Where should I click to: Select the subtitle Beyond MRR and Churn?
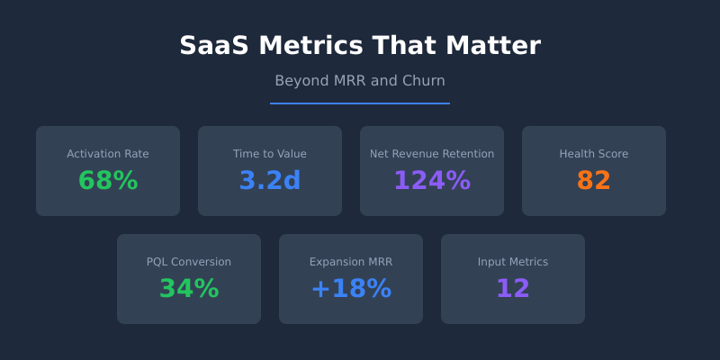[x=360, y=81]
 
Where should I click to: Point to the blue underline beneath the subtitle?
[x=360, y=103]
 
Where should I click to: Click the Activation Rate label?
[x=108, y=154]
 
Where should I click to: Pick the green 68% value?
[x=108, y=181]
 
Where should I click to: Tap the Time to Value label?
[x=270, y=154]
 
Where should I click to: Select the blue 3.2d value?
[x=270, y=181]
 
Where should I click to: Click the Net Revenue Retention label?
[x=432, y=154]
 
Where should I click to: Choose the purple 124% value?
[x=432, y=181]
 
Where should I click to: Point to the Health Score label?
[x=594, y=154]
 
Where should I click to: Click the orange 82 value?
[x=594, y=181]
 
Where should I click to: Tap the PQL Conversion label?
[x=189, y=262]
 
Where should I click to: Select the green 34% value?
[x=189, y=289]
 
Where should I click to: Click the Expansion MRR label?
[x=351, y=262]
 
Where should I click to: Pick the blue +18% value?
[x=351, y=289]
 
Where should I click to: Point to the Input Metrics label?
[x=513, y=262]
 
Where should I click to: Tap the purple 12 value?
[x=513, y=289]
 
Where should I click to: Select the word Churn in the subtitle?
[x=424, y=81]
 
